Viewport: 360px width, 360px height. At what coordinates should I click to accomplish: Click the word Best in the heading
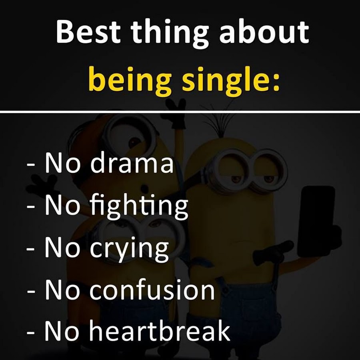[x=88, y=32]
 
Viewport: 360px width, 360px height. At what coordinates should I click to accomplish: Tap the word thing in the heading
[x=170, y=34]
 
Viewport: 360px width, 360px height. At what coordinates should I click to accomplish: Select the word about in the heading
[x=264, y=32]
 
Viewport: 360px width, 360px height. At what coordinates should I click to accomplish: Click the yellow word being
[x=130, y=80]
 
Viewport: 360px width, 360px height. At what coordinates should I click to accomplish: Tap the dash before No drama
[x=31, y=165]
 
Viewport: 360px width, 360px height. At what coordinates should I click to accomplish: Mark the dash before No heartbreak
[x=31, y=332]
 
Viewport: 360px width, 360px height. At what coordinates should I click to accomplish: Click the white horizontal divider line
[x=180, y=112]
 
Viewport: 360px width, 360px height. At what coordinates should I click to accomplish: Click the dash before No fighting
[x=31, y=206]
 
